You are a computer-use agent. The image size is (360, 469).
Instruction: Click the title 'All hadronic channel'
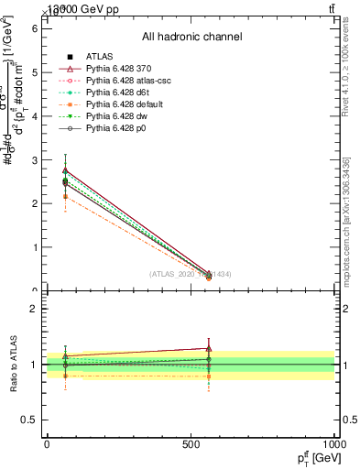[x=191, y=38]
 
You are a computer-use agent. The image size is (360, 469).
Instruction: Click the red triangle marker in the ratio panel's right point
[x=209, y=348]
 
